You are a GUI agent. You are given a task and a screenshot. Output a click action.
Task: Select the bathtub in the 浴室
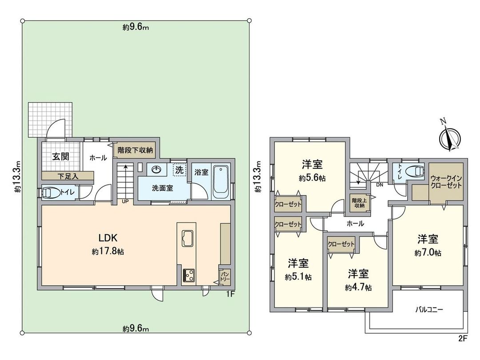(x=221, y=183)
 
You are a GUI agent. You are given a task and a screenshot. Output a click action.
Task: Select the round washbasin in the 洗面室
(x=156, y=170)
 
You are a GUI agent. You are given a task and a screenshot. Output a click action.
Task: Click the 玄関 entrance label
(x=60, y=156)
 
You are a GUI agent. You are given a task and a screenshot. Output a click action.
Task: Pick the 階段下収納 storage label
(x=135, y=150)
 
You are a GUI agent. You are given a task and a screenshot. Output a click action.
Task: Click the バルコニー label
(x=429, y=308)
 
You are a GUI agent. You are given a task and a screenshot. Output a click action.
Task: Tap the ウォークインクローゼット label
(x=446, y=181)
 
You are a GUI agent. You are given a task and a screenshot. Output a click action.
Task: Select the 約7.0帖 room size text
(x=428, y=253)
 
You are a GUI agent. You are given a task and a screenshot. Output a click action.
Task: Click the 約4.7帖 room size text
(x=358, y=288)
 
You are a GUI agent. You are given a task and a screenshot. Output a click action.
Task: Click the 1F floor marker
(x=229, y=294)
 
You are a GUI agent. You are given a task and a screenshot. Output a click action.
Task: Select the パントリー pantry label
(x=224, y=276)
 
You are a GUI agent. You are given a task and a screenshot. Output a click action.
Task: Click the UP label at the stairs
(x=126, y=201)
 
